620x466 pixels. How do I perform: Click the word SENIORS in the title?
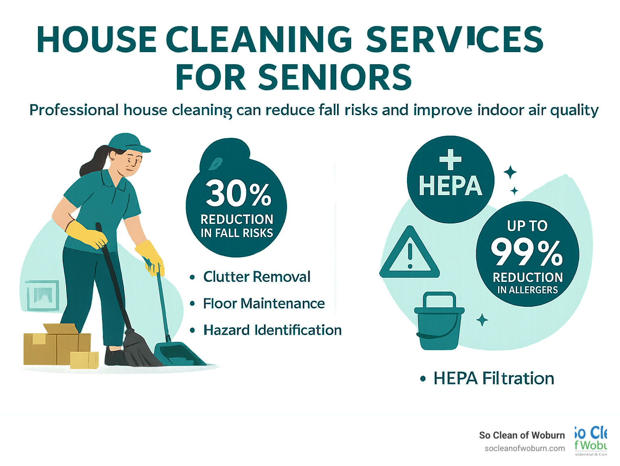pyautogui.click(x=335, y=77)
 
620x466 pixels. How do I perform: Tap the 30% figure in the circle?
pyautogui.click(x=238, y=193)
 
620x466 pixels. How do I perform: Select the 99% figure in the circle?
pyautogui.click(x=527, y=253)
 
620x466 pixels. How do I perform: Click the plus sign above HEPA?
pyautogui.click(x=450, y=160)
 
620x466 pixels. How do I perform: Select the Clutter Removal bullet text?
pyautogui.click(x=257, y=277)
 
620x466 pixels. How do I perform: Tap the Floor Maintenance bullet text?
pyautogui.click(x=264, y=303)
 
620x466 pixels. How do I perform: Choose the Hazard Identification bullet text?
pyautogui.click(x=272, y=330)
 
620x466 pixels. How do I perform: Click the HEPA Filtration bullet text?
pyautogui.click(x=493, y=378)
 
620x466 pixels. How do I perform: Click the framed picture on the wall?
pyautogui.click(x=42, y=295)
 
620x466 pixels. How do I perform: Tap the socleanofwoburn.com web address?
pyautogui.click(x=524, y=448)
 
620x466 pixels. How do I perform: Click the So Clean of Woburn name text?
pyautogui.click(x=522, y=435)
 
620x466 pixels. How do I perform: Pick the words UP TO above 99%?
pyautogui.click(x=527, y=226)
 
